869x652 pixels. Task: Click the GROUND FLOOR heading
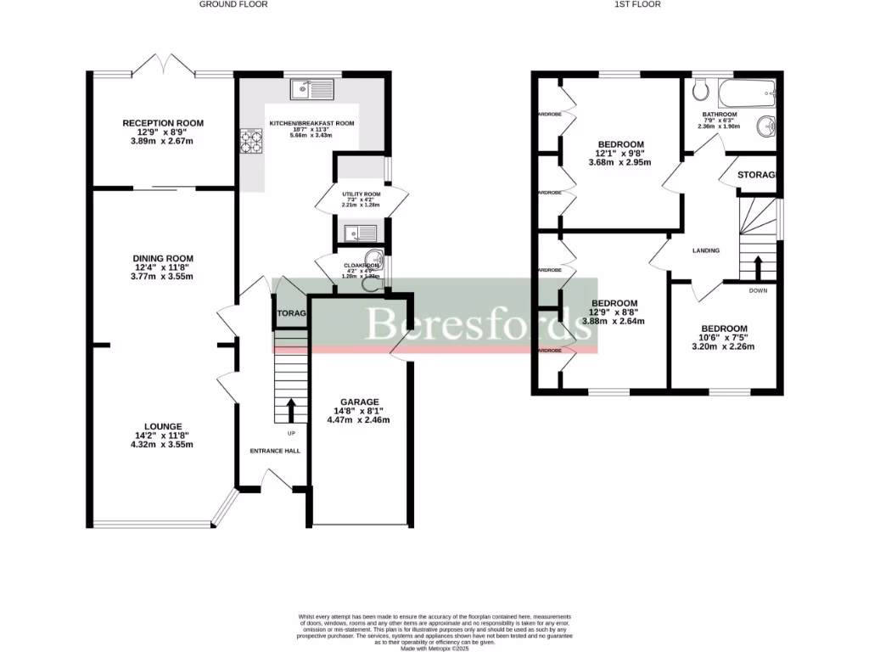pyautogui.click(x=233, y=4)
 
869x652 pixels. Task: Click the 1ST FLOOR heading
pyautogui.click(x=638, y=4)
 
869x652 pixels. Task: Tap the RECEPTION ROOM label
pyautogui.click(x=163, y=123)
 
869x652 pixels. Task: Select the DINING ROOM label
pyautogui.click(x=163, y=259)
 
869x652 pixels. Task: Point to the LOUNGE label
pyautogui.click(x=163, y=427)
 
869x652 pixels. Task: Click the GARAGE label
pyautogui.click(x=360, y=402)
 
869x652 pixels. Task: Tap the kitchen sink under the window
pyautogui.click(x=311, y=87)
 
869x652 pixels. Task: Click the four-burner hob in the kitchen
pyautogui.click(x=252, y=141)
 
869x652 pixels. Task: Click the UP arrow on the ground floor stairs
pyautogui.click(x=291, y=411)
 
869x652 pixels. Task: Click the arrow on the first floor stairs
pyautogui.click(x=759, y=266)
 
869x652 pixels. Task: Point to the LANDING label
pyautogui.click(x=706, y=250)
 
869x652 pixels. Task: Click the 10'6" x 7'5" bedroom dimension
pyautogui.click(x=724, y=338)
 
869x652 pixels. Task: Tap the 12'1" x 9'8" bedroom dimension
pyautogui.click(x=620, y=154)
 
